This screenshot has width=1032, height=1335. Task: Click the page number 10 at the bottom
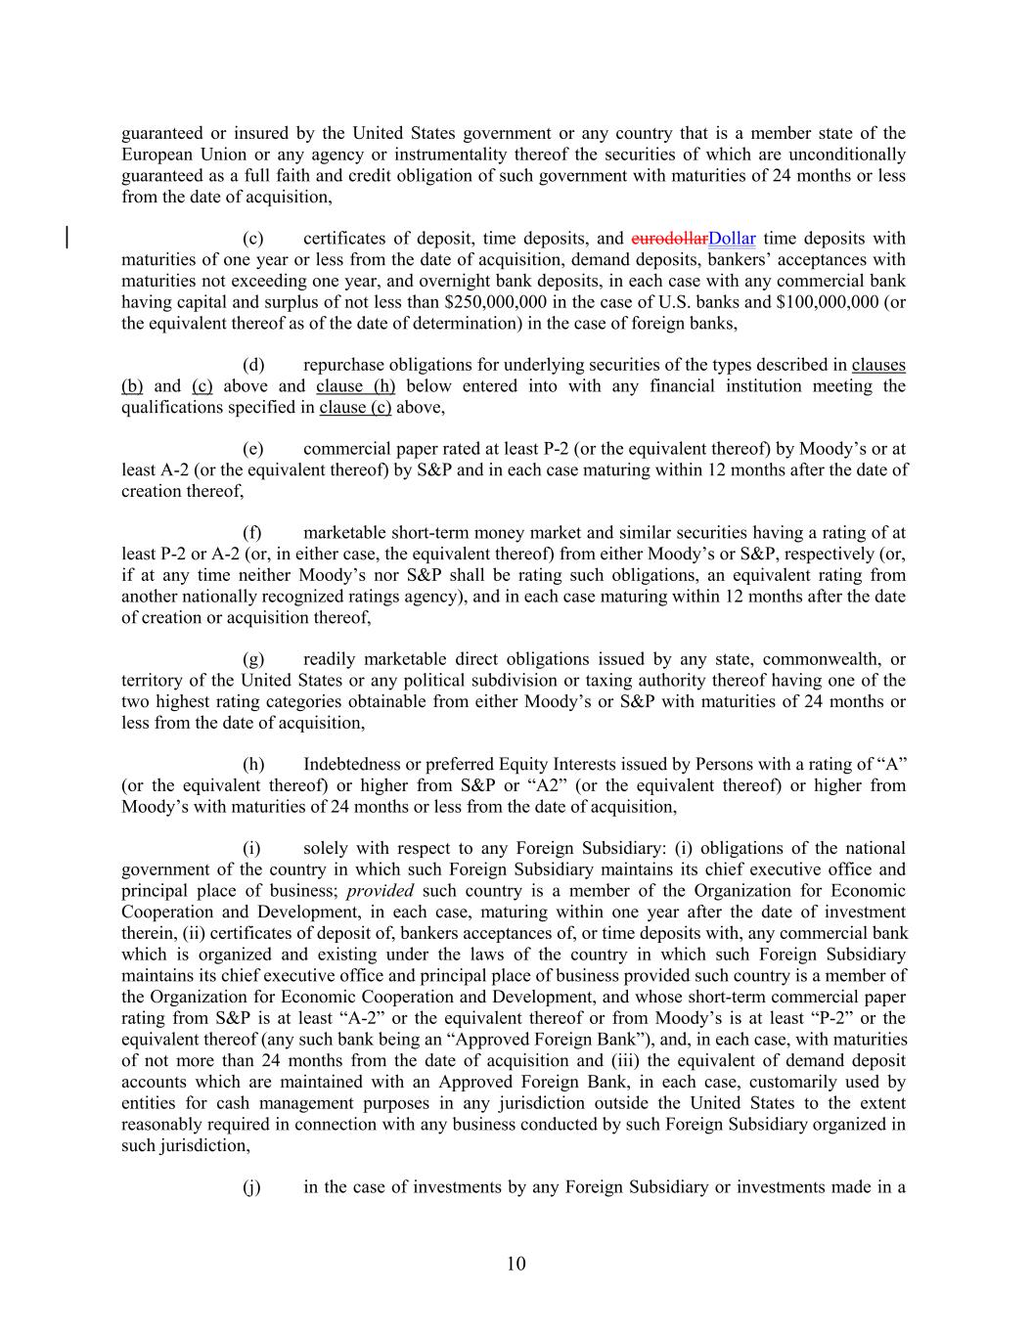[516, 1264]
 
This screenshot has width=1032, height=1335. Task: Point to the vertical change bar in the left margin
[67, 239]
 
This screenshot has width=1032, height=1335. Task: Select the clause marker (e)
[253, 449]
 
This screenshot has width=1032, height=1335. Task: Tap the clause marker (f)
[252, 533]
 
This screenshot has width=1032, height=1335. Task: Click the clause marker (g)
[253, 659]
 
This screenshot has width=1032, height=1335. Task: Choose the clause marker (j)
[251, 1187]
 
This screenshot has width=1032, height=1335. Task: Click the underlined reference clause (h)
[355, 386]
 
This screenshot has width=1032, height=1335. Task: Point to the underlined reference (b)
[132, 386]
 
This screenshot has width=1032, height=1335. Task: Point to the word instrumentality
[524, 155]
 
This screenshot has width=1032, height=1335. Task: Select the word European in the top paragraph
[157, 155]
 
